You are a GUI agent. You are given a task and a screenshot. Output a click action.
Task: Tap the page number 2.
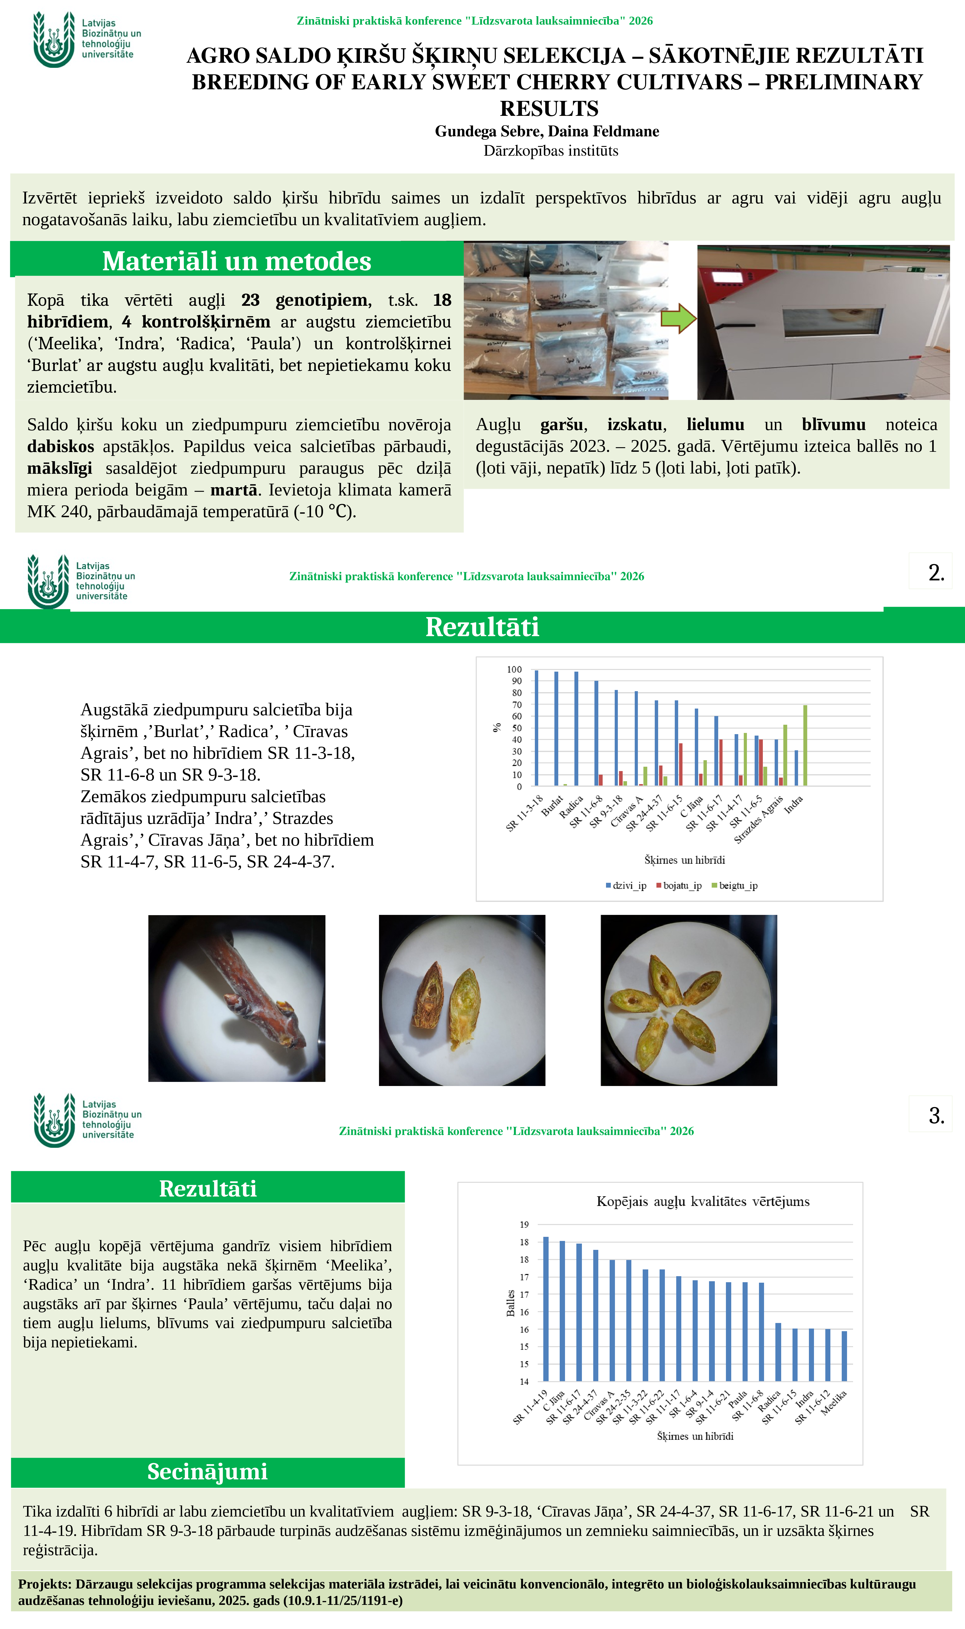(936, 572)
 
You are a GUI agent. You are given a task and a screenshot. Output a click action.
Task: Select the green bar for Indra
(805, 745)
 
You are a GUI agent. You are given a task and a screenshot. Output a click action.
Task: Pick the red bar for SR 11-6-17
(721, 762)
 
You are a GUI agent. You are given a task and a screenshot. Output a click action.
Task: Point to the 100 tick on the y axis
(514, 669)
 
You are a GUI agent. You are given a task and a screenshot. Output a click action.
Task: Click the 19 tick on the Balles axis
(524, 1225)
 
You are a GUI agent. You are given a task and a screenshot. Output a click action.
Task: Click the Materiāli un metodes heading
(237, 261)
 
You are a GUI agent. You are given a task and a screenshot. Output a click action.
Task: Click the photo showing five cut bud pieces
(689, 1000)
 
